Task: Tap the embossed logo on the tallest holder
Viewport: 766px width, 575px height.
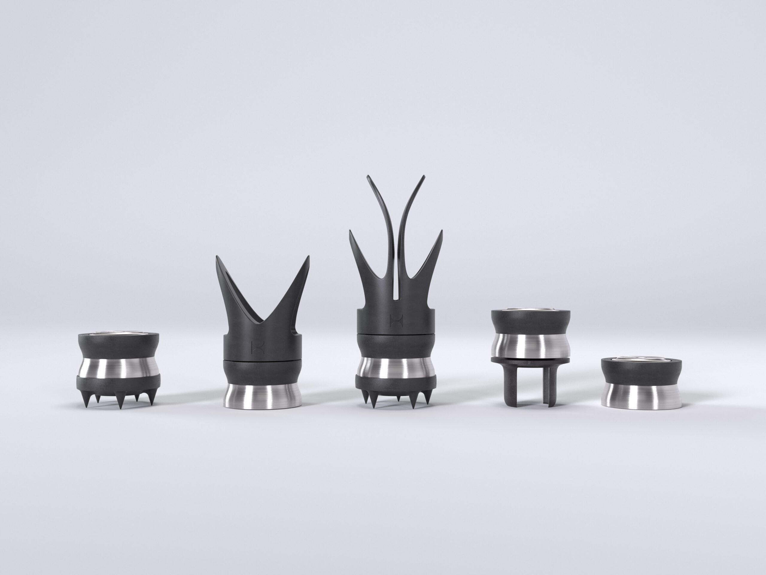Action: coord(395,319)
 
